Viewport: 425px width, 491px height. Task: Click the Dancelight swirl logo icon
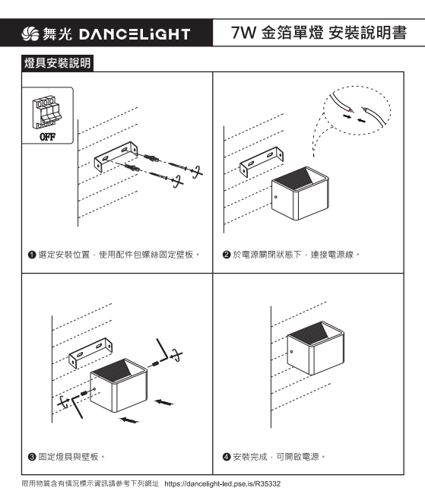pos(30,33)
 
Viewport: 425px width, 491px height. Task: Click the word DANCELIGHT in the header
pos(135,34)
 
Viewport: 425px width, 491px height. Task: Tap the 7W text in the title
pos(243,33)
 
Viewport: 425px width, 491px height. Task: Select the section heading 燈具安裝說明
pos(57,63)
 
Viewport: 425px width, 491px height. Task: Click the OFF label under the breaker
pos(48,137)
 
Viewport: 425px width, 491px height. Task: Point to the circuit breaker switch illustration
pos(46,112)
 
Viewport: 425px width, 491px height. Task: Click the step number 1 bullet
pos(32,255)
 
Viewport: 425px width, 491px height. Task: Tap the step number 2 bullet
pos(227,255)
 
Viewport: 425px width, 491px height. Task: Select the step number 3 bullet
pos(32,457)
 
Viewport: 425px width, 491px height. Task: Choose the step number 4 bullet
pos(227,457)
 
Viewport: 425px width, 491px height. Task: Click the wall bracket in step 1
pos(116,156)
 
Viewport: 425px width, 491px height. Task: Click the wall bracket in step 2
pos(262,161)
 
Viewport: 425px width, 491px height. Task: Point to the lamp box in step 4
pos(316,347)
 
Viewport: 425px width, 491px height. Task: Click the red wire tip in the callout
pos(350,111)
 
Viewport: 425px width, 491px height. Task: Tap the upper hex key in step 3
pos(163,350)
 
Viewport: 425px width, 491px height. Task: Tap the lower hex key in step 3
pos(78,406)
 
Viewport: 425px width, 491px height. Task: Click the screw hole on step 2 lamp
pos(276,197)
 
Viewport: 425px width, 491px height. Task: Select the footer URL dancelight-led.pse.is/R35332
pos(222,484)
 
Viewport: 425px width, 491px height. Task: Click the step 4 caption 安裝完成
pos(249,457)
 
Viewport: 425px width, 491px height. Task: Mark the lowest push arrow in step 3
pos(129,420)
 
